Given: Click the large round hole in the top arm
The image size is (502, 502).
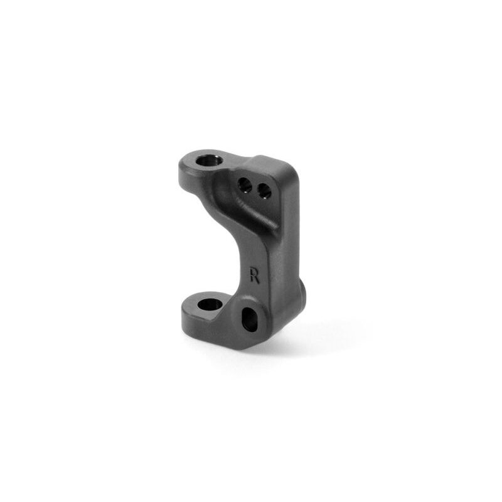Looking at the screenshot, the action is coord(210,161).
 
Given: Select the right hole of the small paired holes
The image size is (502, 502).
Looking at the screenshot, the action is coord(264,190).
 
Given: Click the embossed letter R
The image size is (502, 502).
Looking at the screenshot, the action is coord(255,275).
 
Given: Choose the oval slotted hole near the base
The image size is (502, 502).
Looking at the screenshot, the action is coord(250,319).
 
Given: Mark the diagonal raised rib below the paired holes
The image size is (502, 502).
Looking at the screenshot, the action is coord(256,213).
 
